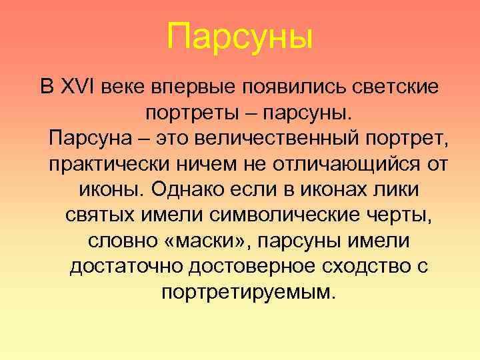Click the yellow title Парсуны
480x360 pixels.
pos(240,37)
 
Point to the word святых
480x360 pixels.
pos(101,215)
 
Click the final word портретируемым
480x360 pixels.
pos(246,291)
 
